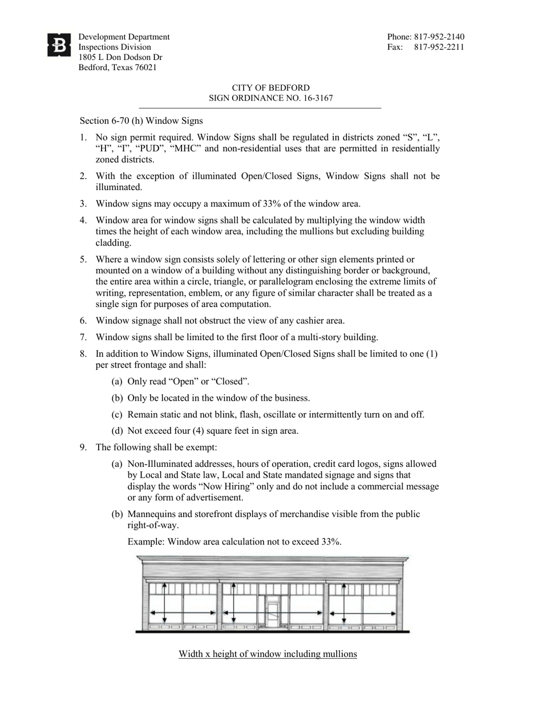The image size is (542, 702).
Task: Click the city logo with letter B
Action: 59,45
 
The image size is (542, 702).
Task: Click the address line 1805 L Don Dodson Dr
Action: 120,58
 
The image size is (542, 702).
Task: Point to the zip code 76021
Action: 145,67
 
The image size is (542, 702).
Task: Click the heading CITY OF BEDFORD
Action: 271,88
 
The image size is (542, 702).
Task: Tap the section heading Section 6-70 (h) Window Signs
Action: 141,121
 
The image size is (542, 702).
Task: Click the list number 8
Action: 83,354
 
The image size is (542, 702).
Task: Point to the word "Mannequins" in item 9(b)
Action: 150,514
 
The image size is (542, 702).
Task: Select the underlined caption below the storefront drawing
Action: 268,654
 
